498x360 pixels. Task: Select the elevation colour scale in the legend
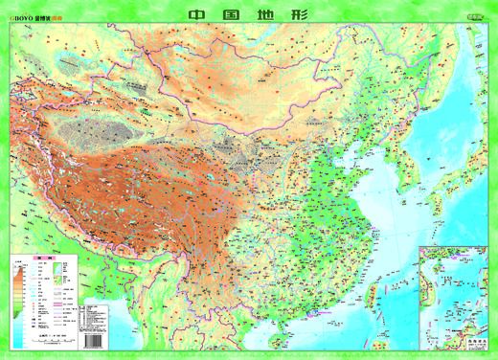[x=18, y=282]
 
